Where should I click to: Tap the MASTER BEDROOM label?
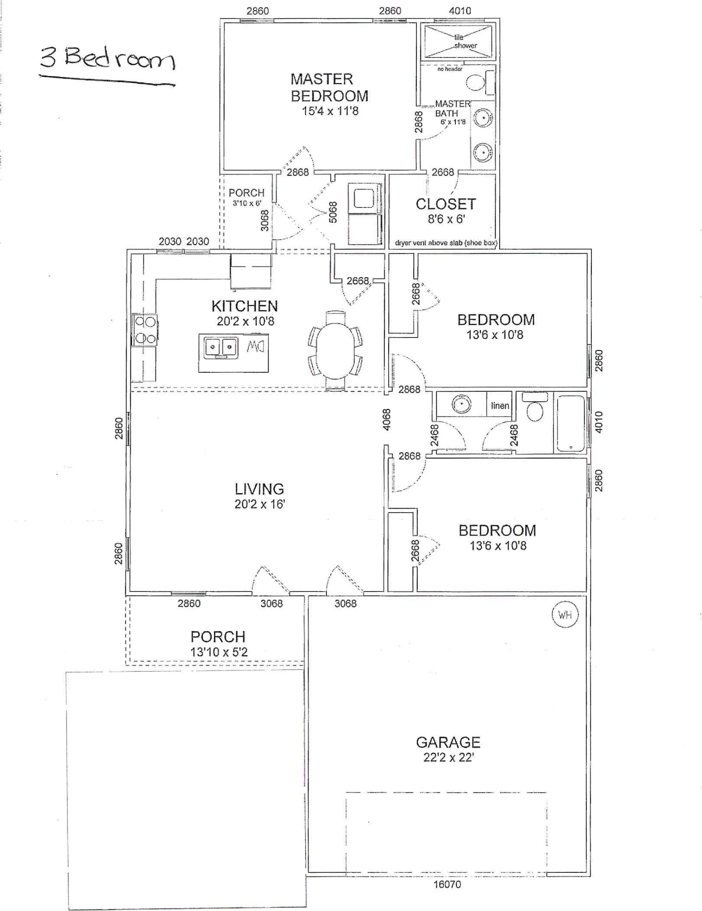click(329, 88)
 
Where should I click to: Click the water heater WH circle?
click(565, 614)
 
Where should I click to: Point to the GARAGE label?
click(448, 742)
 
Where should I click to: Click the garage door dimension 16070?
click(447, 884)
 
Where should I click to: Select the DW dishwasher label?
click(255, 346)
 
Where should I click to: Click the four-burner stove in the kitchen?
click(145, 330)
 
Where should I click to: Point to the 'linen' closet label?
click(500, 406)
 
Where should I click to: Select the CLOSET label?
click(446, 204)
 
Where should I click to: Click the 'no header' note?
click(450, 69)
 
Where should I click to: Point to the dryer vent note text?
click(446, 243)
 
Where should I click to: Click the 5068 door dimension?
click(333, 212)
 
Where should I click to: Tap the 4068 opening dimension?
click(387, 420)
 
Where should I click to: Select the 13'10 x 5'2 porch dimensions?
click(219, 652)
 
